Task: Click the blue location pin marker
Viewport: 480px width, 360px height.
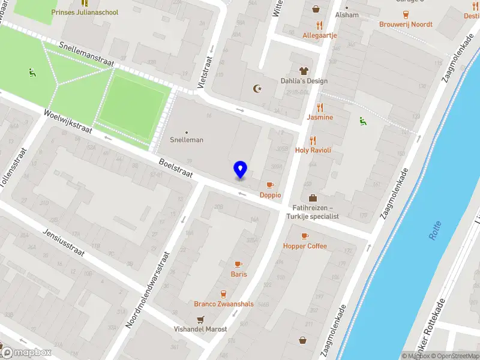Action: coord(240,170)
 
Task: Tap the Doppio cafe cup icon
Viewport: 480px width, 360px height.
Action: coord(270,185)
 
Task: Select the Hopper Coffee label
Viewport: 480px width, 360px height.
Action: coord(305,246)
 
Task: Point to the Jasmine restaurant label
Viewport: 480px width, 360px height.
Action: coord(320,117)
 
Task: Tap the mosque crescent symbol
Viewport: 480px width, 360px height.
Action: coord(259,89)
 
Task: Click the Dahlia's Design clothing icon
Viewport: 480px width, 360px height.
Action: coord(304,71)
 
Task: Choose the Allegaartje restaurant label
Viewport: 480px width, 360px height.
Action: coord(319,35)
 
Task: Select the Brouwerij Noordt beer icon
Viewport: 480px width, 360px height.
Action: coord(406,14)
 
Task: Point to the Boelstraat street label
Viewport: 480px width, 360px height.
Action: coord(175,167)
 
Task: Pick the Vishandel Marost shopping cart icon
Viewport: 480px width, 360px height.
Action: coord(200,319)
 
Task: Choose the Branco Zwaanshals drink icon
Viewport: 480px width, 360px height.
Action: coord(223,294)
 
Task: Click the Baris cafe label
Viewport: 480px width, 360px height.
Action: coord(239,274)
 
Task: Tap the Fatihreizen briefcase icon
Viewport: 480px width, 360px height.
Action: coord(313,197)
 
